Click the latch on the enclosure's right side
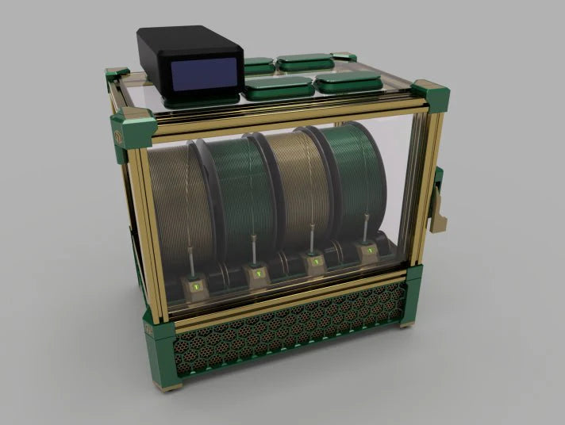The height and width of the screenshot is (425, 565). [439, 201]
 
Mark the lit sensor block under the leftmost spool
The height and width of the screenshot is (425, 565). [196, 284]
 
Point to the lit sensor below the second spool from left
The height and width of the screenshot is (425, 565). [256, 274]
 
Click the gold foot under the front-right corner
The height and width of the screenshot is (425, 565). [407, 323]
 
